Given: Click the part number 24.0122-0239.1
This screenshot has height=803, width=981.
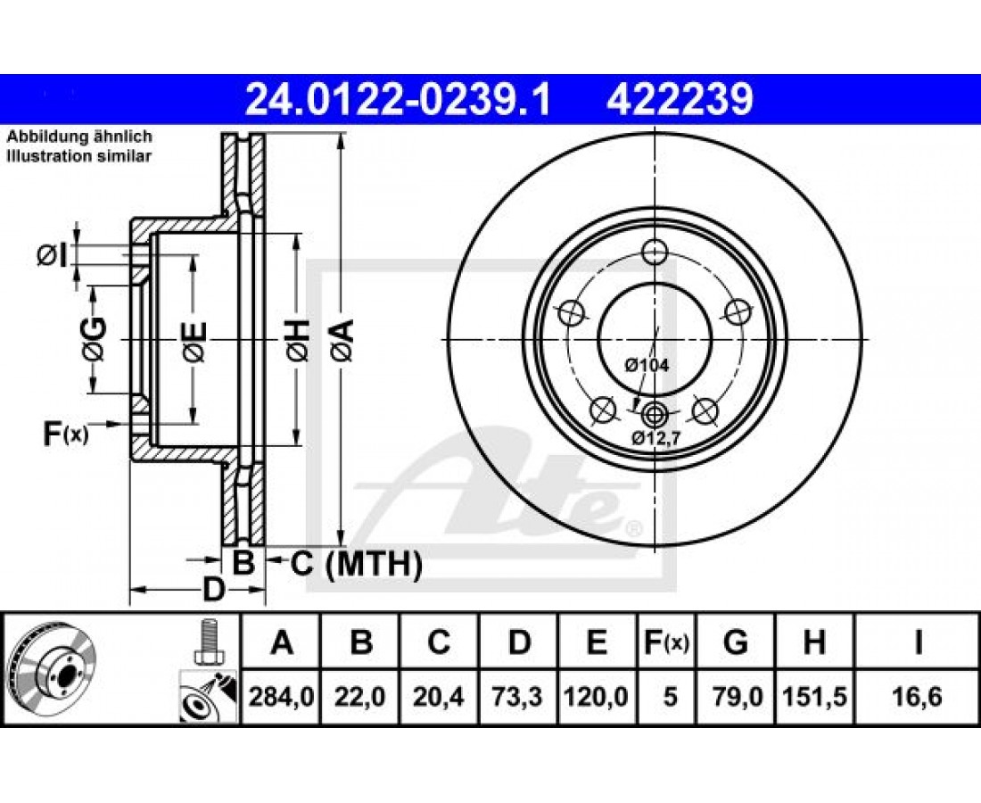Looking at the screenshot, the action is pyautogui.click(x=398, y=100).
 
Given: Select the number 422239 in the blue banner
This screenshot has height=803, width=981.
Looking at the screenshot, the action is pyautogui.click(x=680, y=100).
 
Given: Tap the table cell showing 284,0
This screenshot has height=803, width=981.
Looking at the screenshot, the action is pyautogui.click(x=282, y=697).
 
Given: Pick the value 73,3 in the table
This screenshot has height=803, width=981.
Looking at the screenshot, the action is pyautogui.click(x=517, y=697).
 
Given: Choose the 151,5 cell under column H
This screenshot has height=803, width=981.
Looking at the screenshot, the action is pyautogui.click(x=814, y=697).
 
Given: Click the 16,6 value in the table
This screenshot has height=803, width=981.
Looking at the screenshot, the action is pyautogui.click(x=917, y=697).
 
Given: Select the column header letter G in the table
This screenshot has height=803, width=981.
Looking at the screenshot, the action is pyautogui.click(x=735, y=642).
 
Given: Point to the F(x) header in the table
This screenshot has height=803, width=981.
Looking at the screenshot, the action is pyautogui.click(x=666, y=642).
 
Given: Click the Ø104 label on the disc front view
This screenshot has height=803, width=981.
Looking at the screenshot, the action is pyautogui.click(x=647, y=365).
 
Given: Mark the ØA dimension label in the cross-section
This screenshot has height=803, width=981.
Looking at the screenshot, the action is pyautogui.click(x=343, y=340).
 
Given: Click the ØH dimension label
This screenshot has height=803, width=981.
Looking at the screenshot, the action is pyautogui.click(x=299, y=340).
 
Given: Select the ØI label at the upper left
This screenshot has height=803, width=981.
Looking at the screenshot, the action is pyautogui.click(x=52, y=255).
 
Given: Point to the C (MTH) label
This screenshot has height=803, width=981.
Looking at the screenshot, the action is pyautogui.click(x=356, y=564).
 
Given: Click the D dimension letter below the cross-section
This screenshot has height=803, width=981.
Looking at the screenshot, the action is pyautogui.click(x=213, y=590).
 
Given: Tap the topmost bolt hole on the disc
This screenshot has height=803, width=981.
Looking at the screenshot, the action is pyautogui.click(x=655, y=252).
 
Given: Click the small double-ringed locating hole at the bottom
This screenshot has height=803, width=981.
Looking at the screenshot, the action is pyautogui.click(x=655, y=413).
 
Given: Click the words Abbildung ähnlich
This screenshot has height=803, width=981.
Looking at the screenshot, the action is pyautogui.click(x=79, y=137).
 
